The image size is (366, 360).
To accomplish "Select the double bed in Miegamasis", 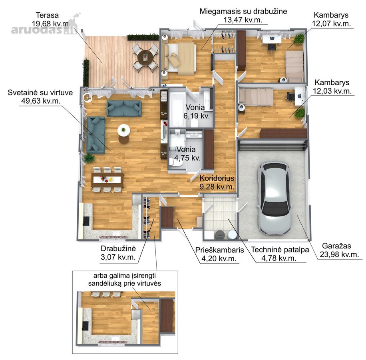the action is click(x=180, y=58).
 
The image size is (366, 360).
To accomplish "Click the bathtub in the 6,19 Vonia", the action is click(x=177, y=109).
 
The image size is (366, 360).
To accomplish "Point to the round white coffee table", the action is click(x=124, y=130).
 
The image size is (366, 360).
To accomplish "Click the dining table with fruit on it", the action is click(x=107, y=180).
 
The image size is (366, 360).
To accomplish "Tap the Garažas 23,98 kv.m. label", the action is click(x=339, y=250).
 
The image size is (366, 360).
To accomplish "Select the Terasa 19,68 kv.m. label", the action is click(x=51, y=19).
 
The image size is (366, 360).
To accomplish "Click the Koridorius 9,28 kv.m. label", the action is click(x=217, y=182).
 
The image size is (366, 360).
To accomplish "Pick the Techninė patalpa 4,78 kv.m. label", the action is click(x=280, y=254).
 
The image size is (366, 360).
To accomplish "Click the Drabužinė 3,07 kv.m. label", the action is click(x=118, y=253).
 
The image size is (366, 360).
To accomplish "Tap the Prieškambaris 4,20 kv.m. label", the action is click(x=219, y=254).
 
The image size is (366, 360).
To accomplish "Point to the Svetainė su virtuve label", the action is click(x=40, y=92).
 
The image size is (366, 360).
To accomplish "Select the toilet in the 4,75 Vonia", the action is click(x=175, y=162).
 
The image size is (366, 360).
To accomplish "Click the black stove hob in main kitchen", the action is click(x=86, y=221).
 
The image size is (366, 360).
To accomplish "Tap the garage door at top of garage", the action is click(x=273, y=145).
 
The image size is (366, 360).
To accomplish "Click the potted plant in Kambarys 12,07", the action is click(x=299, y=39).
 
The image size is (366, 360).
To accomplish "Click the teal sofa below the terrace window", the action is click(x=124, y=108).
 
